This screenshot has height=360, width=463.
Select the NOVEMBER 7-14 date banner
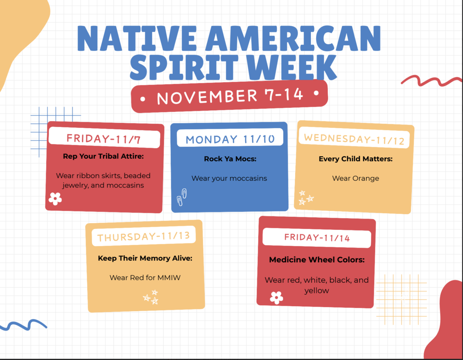click(x=230, y=96)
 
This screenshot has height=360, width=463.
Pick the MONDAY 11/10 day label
click(x=230, y=139)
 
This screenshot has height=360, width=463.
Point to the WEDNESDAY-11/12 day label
click(x=354, y=139)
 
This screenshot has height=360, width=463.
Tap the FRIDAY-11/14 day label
click(x=317, y=238)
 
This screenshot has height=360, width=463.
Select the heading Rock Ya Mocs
click(x=230, y=159)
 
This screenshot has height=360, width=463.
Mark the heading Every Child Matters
click(x=355, y=159)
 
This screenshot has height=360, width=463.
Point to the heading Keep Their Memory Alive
click(x=145, y=258)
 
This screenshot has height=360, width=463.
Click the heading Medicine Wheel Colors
click(x=317, y=260)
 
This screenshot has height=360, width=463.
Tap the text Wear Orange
click(x=355, y=178)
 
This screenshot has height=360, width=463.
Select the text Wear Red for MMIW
click(x=145, y=277)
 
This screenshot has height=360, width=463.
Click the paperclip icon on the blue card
click(x=181, y=197)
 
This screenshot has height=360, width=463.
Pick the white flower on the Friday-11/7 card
click(x=55, y=199)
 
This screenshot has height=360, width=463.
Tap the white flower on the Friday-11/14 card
click(x=276, y=297)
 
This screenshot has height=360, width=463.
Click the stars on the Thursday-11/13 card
click(x=151, y=297)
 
